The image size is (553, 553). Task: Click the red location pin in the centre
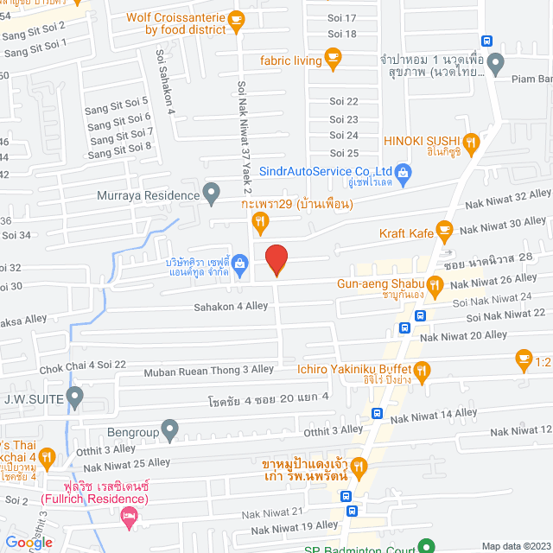point(276,260)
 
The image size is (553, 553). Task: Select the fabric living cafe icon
point(332,59)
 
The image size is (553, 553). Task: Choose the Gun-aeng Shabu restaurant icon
point(437,283)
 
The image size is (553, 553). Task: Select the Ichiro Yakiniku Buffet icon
point(422,371)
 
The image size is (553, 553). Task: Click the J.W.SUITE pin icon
point(75,398)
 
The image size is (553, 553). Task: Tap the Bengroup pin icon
point(170,429)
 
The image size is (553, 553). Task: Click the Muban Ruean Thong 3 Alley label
point(209,370)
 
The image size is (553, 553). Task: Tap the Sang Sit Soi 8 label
point(120,147)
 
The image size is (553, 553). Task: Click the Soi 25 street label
point(344,153)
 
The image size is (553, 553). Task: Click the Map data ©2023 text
point(515,545)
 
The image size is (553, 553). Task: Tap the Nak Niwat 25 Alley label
point(127,464)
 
